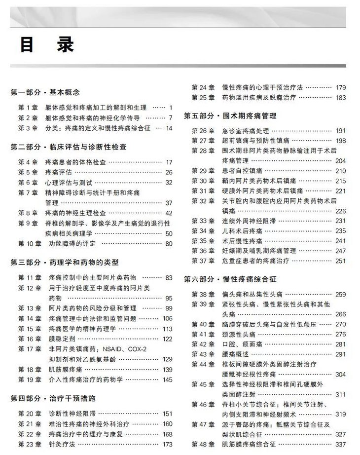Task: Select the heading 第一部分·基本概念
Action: (x=45, y=92)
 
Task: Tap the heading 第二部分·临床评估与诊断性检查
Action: (x=69, y=147)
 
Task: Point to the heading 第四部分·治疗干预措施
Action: (x=53, y=398)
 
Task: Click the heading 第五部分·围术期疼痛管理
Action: (x=230, y=116)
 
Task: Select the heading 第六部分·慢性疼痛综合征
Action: (x=230, y=279)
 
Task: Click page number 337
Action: (x=340, y=444)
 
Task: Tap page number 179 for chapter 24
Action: (x=340, y=88)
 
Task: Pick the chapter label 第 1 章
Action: (x=28, y=108)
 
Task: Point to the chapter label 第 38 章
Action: (x=202, y=295)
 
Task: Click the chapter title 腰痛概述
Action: (x=235, y=354)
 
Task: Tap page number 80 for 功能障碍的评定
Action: (x=169, y=243)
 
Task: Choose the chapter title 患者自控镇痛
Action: (x=242, y=171)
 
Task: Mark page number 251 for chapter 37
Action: (x=340, y=261)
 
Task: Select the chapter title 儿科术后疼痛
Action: (x=242, y=231)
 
